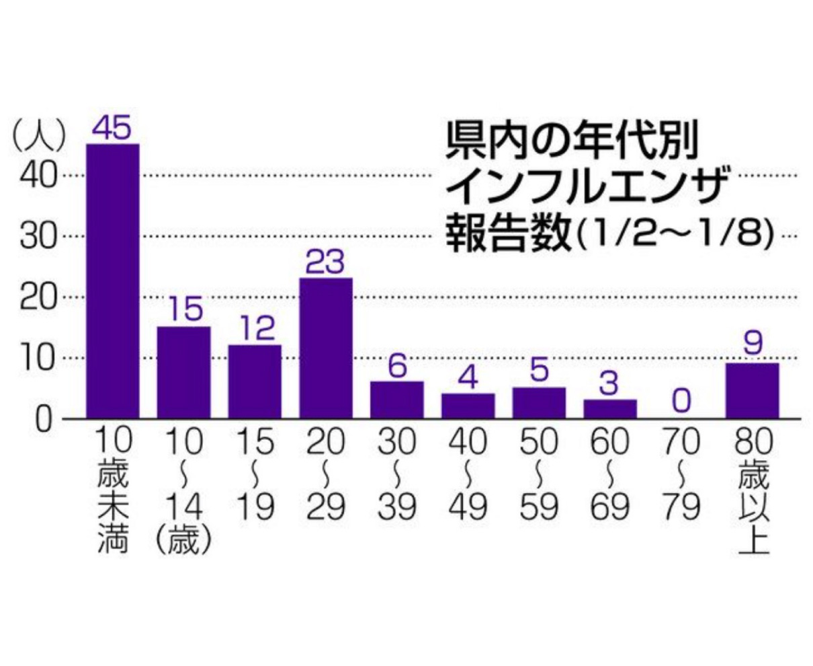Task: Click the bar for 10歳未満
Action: (113, 281)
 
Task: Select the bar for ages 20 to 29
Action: (326, 348)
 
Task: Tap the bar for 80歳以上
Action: (753, 391)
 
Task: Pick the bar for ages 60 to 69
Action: (610, 409)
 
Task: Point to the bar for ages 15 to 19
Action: (255, 381)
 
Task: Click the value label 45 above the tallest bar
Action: (112, 128)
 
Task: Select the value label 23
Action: (325, 262)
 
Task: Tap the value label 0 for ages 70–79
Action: (681, 402)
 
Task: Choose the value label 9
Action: (753, 344)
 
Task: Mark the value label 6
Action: (397, 367)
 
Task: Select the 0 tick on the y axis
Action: (44, 419)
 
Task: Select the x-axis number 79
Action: (681, 508)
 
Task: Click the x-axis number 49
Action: (468, 508)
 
